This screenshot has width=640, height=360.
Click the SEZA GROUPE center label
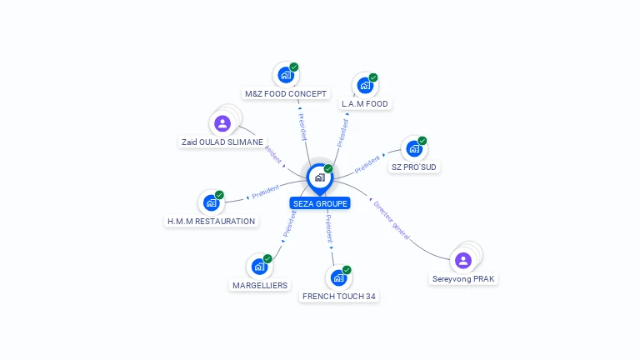(320, 203)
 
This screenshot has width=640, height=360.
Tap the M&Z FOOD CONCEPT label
(286, 93)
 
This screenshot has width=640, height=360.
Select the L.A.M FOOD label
(364, 104)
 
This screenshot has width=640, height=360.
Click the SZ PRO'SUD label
(414, 167)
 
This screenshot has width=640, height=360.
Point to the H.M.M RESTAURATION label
(211, 222)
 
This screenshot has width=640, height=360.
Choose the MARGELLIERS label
(260, 285)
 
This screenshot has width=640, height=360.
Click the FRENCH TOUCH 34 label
(339, 296)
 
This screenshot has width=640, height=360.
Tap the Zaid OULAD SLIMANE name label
(222, 142)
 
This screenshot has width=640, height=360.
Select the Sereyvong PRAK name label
(464, 278)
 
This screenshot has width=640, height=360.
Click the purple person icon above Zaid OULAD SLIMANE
(222, 123)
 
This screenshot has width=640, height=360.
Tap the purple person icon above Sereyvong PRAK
(463, 260)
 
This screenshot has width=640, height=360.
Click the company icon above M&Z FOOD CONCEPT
(286, 75)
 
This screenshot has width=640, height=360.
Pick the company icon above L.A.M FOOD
(364, 85)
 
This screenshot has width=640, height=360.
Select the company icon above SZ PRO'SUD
(413, 149)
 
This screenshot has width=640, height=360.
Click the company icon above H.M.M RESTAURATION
(211, 202)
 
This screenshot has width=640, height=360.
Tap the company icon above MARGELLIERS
(260, 267)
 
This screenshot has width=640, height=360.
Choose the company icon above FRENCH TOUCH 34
(338, 277)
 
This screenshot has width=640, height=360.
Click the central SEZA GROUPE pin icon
(319, 177)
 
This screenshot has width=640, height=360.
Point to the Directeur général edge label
(392, 221)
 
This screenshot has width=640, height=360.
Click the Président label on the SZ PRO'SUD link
(367, 164)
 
